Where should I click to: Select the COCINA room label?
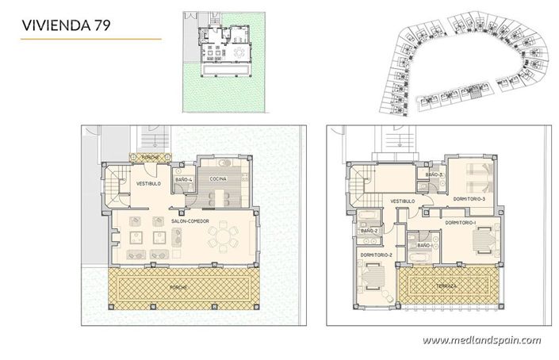pyautogui.click(x=218, y=180)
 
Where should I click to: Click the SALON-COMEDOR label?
pyautogui.click(x=190, y=221)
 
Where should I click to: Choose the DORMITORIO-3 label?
pyautogui.click(x=469, y=198)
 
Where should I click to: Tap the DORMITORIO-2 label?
pyautogui.click(x=374, y=255)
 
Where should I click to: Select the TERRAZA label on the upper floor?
pyautogui.click(x=446, y=285)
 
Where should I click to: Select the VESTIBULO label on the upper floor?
pyautogui.click(x=403, y=201)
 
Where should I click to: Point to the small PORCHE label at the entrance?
pyautogui.click(x=151, y=158)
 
